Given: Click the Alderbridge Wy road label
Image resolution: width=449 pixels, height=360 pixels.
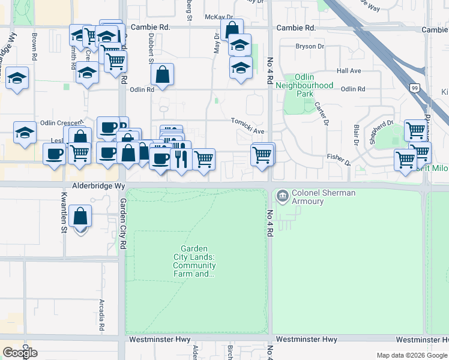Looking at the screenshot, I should (98, 187).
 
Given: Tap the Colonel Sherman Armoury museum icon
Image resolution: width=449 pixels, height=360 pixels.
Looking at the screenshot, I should (281, 196).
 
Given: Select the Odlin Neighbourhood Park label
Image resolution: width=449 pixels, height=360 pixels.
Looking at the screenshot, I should (306, 86).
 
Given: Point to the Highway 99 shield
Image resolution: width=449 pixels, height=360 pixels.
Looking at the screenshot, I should (415, 88).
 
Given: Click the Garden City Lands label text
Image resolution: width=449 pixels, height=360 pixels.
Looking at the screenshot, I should (197, 262).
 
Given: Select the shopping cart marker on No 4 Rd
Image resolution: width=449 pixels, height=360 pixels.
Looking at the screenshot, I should (262, 155).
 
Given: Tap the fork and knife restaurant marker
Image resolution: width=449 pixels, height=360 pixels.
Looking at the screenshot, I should (179, 158).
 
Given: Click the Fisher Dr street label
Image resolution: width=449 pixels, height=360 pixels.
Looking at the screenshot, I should (339, 160).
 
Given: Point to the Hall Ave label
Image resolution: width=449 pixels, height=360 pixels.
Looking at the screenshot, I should (349, 71).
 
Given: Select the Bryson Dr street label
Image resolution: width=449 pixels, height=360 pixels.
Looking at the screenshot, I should (310, 46).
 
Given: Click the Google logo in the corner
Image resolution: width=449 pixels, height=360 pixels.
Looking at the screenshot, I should (20, 352).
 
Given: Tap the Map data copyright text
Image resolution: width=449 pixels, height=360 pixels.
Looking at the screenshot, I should (412, 355).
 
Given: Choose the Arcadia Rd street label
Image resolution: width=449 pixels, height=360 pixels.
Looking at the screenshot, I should (102, 317).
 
